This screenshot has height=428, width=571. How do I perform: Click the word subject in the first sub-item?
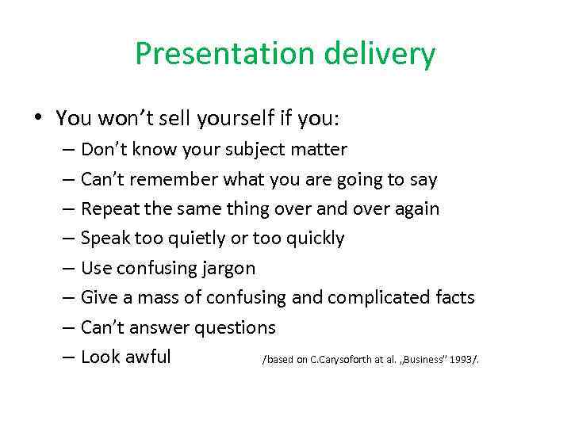click(x=258, y=150)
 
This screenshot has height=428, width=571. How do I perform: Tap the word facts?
click(x=454, y=298)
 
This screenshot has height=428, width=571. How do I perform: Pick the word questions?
click(x=236, y=327)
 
